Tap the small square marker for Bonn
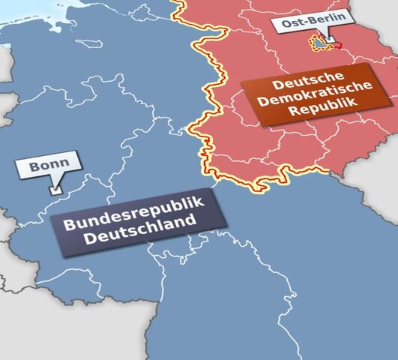click(53, 191)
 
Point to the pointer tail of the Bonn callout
click(55, 183)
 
